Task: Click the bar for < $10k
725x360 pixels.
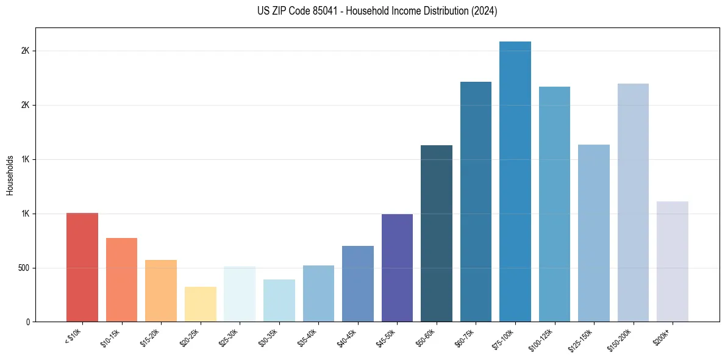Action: [x=82, y=267]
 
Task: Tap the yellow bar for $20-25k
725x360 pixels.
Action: [x=201, y=304]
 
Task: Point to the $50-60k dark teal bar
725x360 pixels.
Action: [x=437, y=233]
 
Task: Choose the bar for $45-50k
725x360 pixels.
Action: [x=397, y=268]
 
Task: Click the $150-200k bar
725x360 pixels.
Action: [x=633, y=203]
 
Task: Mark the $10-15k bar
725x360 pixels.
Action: [x=122, y=279]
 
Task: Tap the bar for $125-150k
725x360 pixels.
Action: [x=594, y=233]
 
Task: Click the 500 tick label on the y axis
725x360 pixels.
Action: [x=24, y=268]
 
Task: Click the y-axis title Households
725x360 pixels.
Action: [x=10, y=175]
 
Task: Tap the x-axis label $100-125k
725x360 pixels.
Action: [x=543, y=339]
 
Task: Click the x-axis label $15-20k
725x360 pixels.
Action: [x=151, y=337]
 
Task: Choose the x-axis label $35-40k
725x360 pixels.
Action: [x=308, y=337]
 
